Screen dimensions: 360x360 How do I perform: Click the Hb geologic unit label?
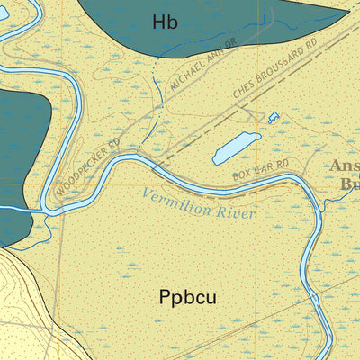tap(166, 22)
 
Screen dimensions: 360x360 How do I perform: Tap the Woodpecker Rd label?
tap(87, 168)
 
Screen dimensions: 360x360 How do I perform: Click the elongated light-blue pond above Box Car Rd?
tap(237, 148)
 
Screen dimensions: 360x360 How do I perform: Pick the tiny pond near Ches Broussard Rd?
tap(274, 116)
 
